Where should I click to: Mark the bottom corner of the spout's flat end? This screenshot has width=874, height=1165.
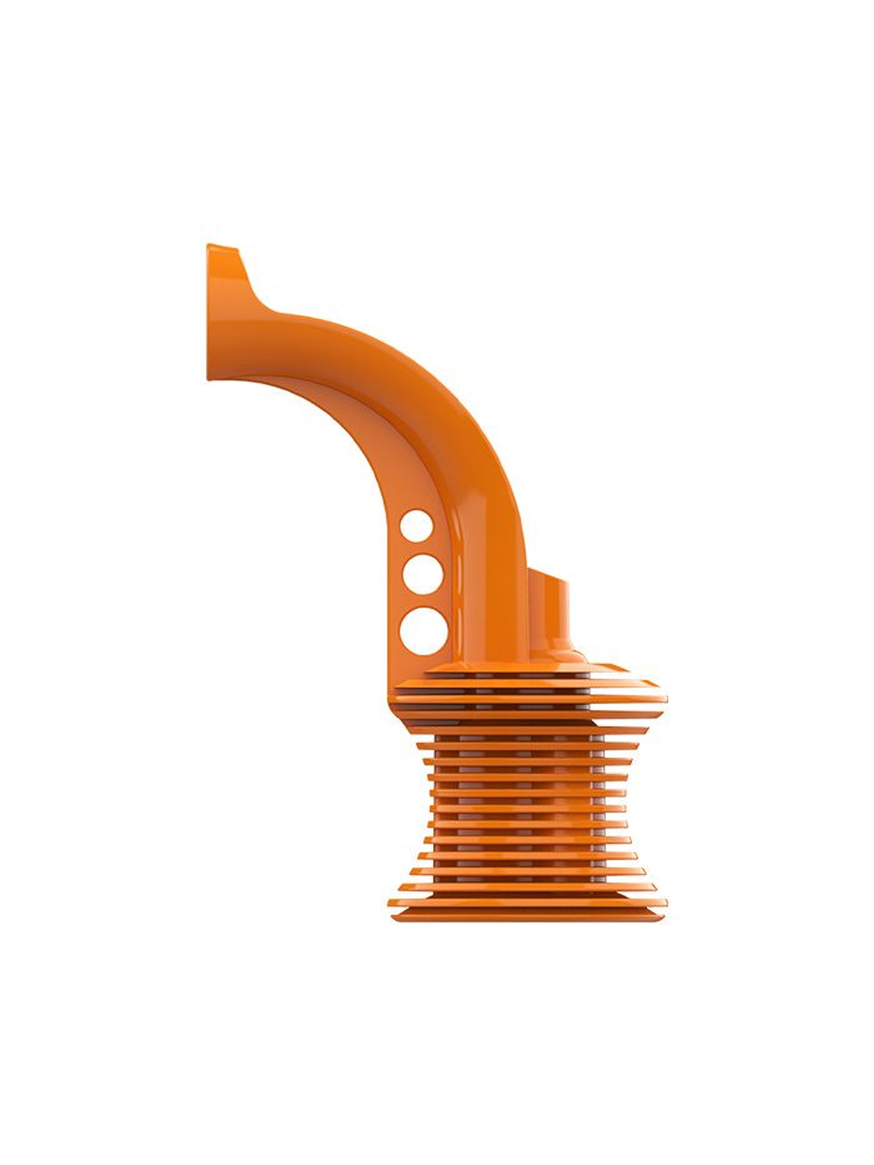click(x=210, y=377)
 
